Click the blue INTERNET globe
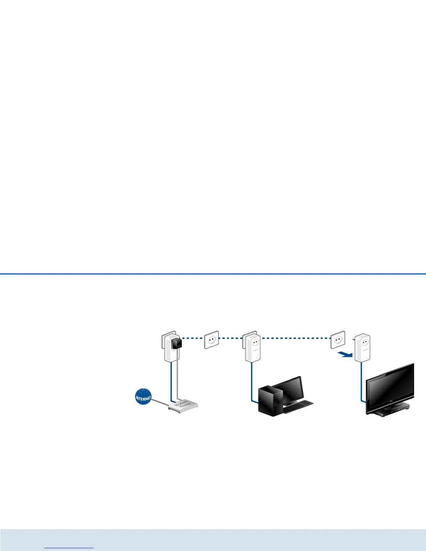pos(143,397)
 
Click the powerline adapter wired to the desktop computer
pos(253,348)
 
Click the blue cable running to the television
pos(362,383)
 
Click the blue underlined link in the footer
pos(69,547)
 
